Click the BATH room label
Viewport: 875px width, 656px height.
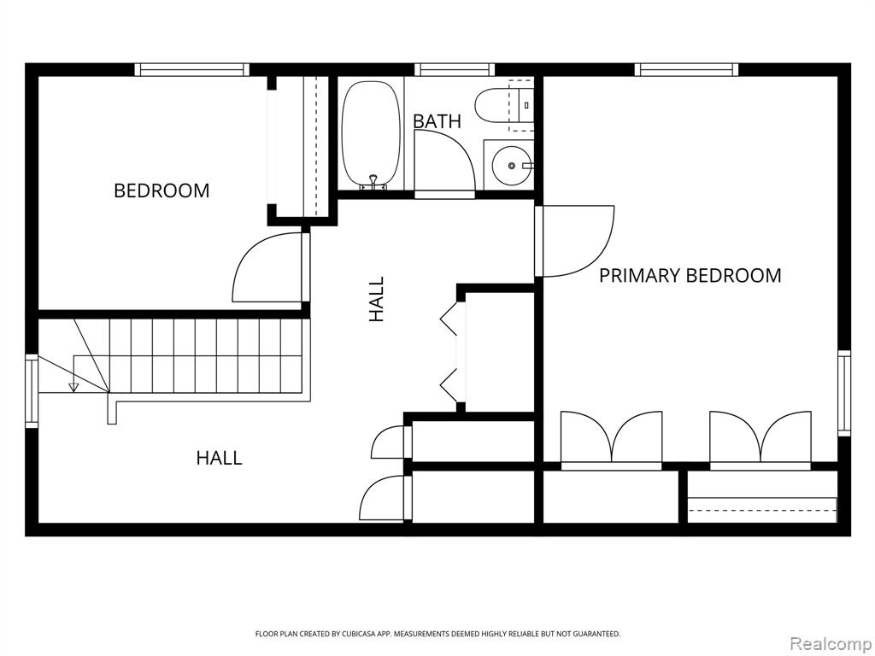[437, 121]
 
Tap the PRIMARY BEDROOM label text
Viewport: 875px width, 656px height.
[690, 276]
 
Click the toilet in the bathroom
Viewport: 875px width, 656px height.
[504, 104]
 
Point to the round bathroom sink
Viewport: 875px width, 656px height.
[511, 165]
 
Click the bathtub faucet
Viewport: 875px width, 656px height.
[373, 183]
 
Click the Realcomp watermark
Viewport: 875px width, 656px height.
[831, 645]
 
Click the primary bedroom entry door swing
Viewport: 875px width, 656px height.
[575, 242]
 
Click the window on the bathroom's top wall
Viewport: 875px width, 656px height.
[455, 70]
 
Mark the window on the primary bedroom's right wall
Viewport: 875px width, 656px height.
[844, 393]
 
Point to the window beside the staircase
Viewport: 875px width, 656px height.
[32, 391]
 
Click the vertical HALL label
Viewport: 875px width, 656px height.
[377, 299]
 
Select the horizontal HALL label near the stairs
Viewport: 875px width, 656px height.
[220, 458]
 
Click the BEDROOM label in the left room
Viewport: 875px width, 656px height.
[161, 190]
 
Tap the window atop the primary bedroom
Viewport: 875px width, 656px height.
[686, 70]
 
